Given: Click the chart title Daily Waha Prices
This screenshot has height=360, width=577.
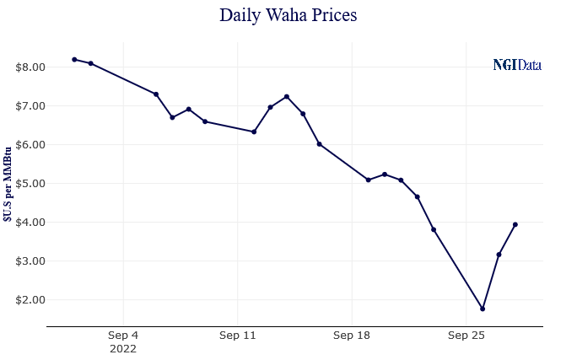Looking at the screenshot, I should click(x=288, y=15).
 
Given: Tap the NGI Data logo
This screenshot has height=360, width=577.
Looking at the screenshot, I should click(x=516, y=65).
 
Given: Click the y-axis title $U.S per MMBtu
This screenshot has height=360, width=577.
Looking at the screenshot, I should click(x=8, y=182).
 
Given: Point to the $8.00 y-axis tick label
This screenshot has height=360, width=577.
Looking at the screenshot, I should click(x=23, y=67).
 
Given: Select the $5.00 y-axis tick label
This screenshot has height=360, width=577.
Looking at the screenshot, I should click(x=23, y=184).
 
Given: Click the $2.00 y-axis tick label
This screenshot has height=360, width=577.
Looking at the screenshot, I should click(x=23, y=300).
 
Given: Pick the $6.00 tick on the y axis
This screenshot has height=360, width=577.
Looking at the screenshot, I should click(x=23, y=145).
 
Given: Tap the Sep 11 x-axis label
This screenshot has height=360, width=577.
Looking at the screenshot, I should click(x=237, y=336).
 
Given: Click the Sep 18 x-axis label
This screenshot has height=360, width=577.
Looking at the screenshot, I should click(x=352, y=336).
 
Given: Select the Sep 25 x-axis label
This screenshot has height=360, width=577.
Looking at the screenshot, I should click(x=466, y=336).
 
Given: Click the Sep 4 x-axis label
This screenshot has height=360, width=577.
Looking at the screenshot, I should click(x=123, y=336).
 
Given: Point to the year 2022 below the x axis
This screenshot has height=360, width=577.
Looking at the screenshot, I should click(x=123, y=347).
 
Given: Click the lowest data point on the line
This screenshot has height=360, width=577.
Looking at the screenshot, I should click(x=483, y=309).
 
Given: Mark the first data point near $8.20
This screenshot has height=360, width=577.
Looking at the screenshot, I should click(x=74, y=59).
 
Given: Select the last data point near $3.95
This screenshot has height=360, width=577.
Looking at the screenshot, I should click(x=515, y=224).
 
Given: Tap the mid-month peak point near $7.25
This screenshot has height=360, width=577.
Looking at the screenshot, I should click(x=287, y=96).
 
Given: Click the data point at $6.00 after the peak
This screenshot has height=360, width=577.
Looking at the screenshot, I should click(x=319, y=144).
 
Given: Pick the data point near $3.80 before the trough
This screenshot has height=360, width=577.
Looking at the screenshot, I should click(x=434, y=229).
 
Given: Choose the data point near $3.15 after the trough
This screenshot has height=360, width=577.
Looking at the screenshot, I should click(x=499, y=255).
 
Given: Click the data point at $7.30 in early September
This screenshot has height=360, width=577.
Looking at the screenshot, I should click(x=156, y=94).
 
